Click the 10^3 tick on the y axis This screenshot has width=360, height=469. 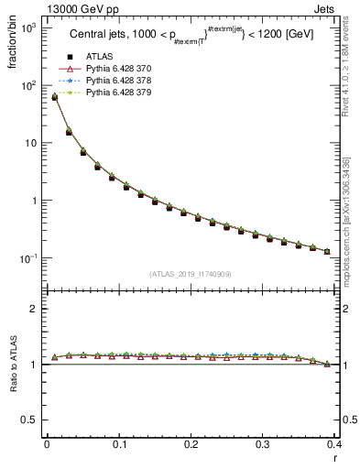pyautogui.click(x=29, y=28)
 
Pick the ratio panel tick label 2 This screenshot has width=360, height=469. pyautogui.click(x=34, y=310)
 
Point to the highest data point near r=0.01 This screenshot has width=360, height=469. pyautogui.click(x=54, y=96)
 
